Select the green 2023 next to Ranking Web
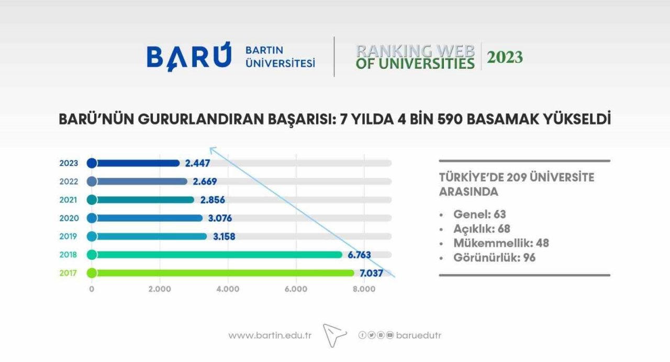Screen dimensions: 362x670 [x=505, y=57]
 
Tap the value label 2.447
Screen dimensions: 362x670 [x=198, y=163]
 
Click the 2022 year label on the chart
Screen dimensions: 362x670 [x=69, y=181]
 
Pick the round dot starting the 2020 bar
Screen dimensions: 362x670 [x=92, y=218]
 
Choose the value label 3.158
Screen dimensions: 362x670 [x=224, y=236]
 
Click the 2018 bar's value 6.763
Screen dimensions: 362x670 [x=359, y=255]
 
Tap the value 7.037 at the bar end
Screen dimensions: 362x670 [x=371, y=273]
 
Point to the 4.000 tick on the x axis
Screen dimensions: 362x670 [x=228, y=289]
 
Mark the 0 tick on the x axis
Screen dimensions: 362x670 [x=92, y=289]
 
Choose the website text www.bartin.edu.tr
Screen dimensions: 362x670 [x=270, y=335]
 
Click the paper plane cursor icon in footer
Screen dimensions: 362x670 [x=334, y=335]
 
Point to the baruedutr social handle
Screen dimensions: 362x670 [x=419, y=335]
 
